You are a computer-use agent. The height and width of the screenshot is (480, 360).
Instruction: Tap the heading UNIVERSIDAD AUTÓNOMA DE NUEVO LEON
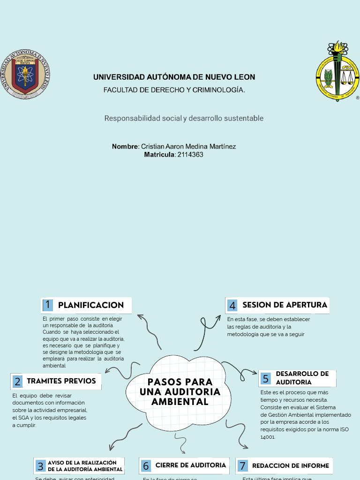(174, 77)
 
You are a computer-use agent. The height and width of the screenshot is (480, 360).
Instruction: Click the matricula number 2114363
(190, 154)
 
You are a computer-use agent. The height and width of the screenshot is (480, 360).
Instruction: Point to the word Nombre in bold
(125, 146)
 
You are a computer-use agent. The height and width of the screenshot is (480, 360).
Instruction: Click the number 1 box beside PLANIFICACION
(47, 305)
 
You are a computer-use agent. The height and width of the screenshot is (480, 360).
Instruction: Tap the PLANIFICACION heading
(91, 305)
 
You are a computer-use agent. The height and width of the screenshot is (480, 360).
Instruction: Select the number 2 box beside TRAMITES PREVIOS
(17, 381)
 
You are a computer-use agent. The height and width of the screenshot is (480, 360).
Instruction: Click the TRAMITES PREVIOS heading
(61, 381)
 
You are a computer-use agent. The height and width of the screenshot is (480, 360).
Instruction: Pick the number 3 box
(40, 466)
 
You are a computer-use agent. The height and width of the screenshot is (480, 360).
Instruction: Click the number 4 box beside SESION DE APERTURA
(232, 306)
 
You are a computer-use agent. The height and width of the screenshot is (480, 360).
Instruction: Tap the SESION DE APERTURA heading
(285, 305)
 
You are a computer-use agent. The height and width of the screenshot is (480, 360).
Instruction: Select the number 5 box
(265, 378)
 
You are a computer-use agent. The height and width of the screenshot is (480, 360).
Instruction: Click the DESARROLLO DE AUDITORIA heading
(302, 378)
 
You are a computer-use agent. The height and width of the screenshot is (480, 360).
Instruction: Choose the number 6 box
(146, 466)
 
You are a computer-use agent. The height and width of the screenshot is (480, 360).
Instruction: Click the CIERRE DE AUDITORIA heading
(190, 465)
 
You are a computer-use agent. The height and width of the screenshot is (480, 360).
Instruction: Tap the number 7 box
(242, 466)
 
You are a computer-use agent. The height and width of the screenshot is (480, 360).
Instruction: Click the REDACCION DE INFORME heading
(291, 466)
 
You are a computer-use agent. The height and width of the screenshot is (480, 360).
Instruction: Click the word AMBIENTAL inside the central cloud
(180, 402)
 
